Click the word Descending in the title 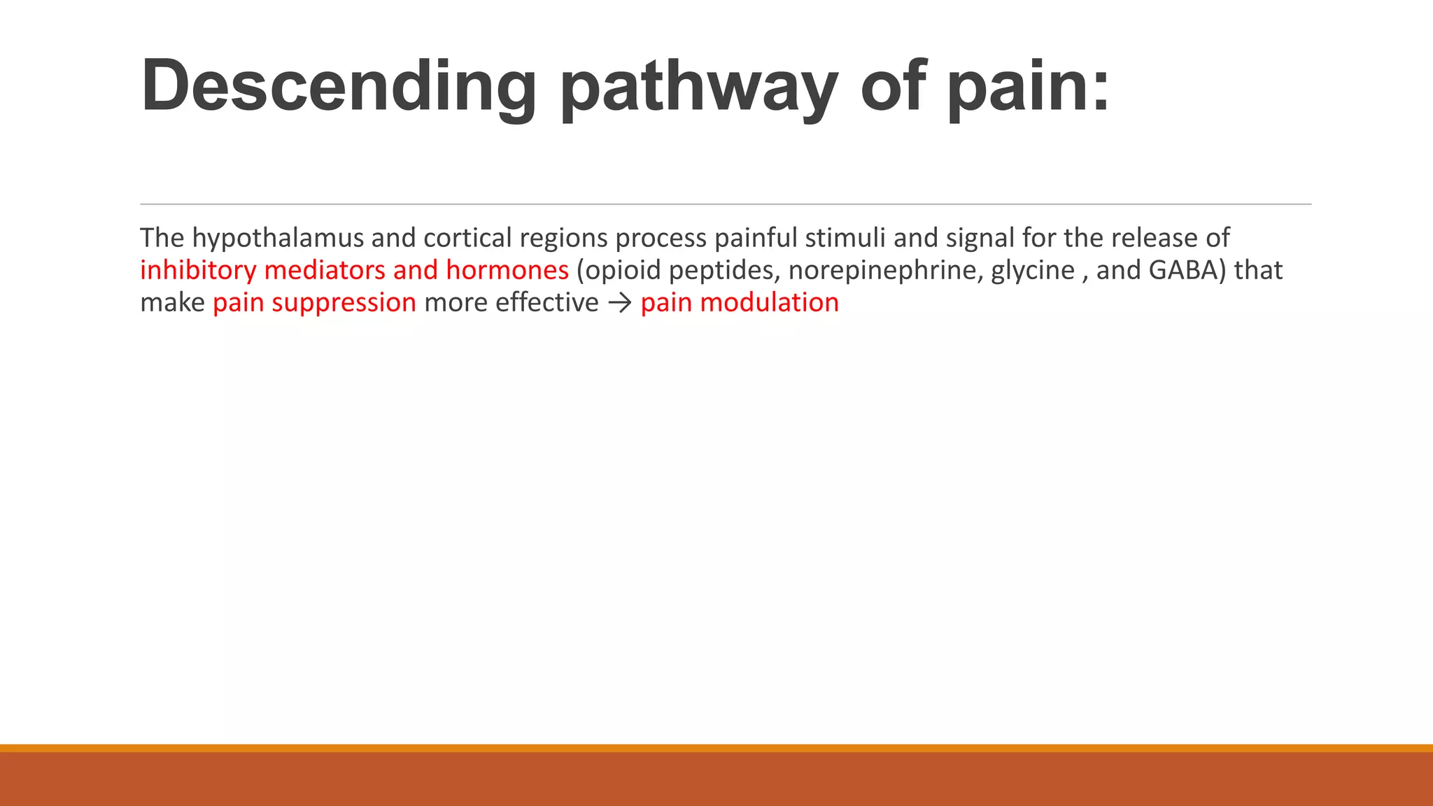click(339, 87)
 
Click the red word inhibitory click(198, 271)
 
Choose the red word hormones click(507, 271)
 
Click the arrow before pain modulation click(619, 304)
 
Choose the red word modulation click(769, 303)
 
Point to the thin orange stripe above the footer click(716, 748)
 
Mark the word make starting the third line click(172, 303)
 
